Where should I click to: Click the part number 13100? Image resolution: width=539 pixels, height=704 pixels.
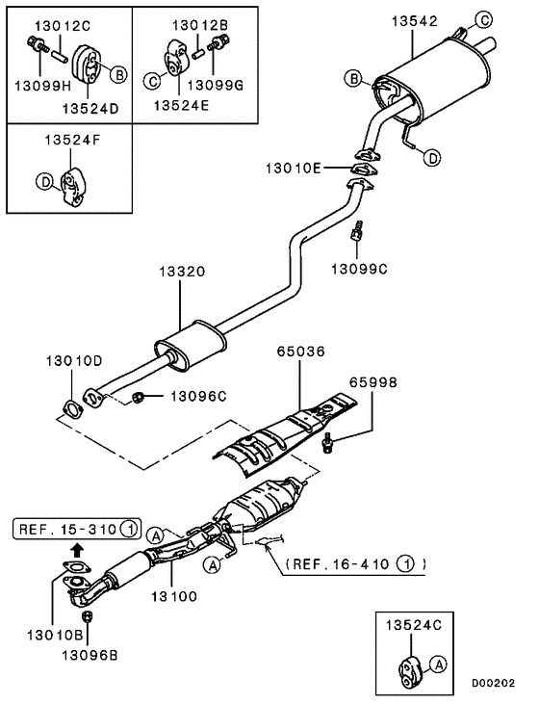pos(172,596)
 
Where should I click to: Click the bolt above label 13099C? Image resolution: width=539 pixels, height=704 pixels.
pos(359,232)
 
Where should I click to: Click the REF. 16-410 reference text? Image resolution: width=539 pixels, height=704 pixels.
pos(341,563)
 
